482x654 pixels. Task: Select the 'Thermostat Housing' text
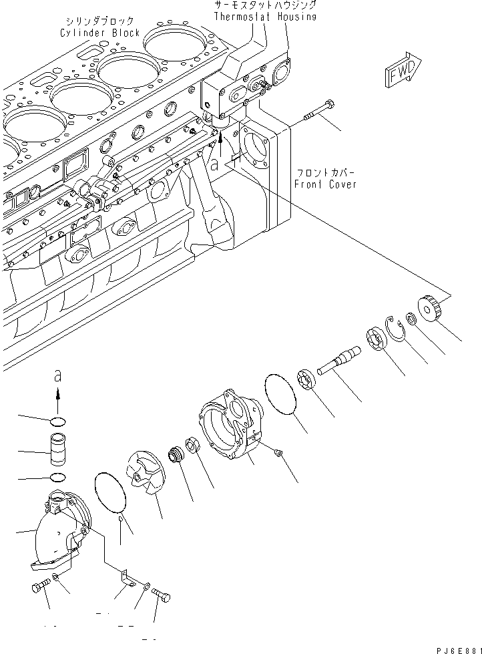point(264,16)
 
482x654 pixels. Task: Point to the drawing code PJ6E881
point(451,646)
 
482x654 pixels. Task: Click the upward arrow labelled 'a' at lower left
point(57,399)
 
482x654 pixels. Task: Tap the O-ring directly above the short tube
point(58,422)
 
